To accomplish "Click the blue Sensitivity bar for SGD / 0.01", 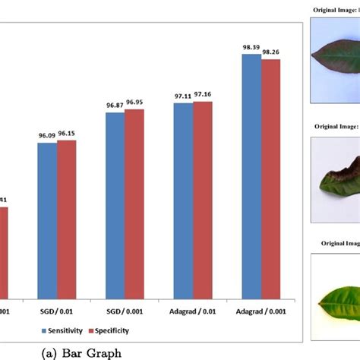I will [x=47, y=220].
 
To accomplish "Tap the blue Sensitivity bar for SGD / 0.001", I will [x=115, y=205].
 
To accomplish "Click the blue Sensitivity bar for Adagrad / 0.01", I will [x=183, y=201].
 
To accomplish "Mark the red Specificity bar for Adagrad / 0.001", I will [x=270, y=178].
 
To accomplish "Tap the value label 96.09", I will [x=46, y=137].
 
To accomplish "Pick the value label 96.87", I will [x=115, y=105].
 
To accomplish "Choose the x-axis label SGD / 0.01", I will [x=56, y=311].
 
